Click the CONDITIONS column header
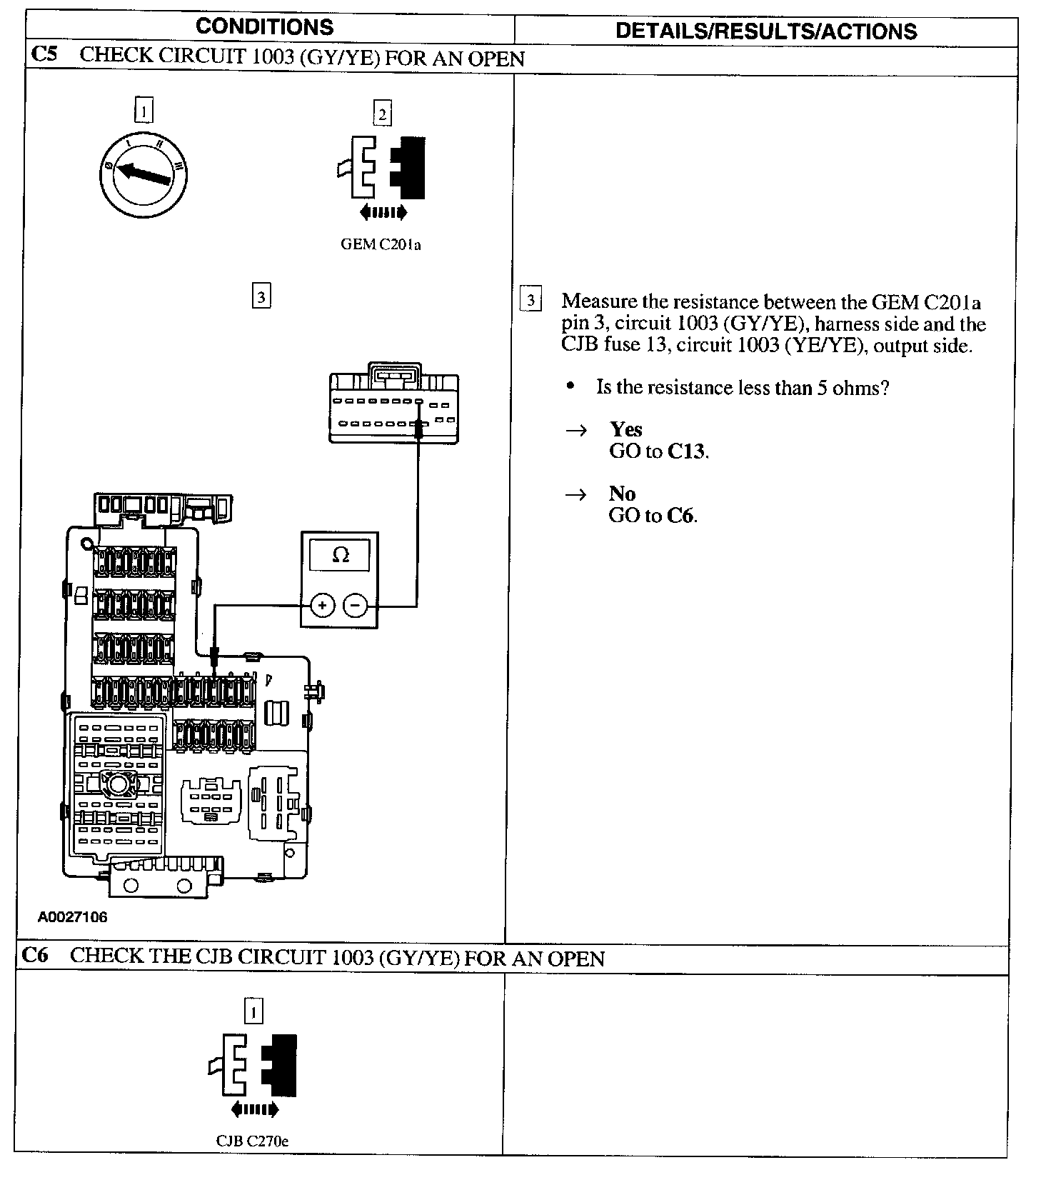264,27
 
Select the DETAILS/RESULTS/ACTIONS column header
765,31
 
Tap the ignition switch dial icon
143,174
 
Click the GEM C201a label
381,245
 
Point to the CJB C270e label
253,1161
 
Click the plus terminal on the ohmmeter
323,606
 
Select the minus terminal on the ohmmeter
356,606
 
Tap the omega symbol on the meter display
341,555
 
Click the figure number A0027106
73,917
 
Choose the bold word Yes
625,429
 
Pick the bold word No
622,494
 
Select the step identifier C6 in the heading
34,956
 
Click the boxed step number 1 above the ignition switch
144,111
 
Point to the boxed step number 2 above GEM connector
382,114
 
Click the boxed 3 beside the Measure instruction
530,300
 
